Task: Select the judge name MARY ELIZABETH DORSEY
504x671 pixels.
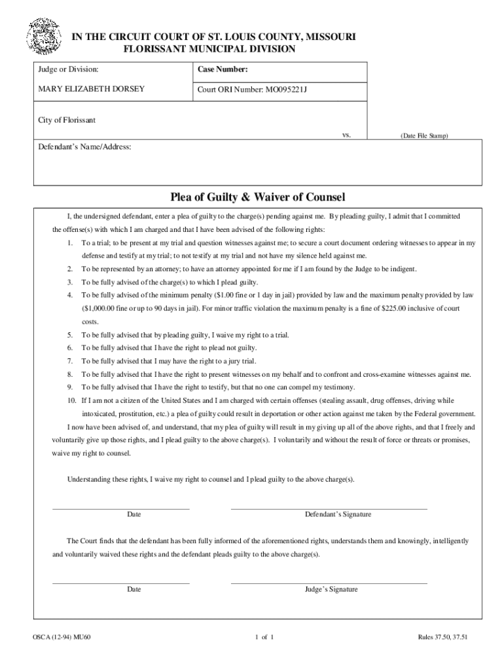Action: (91, 89)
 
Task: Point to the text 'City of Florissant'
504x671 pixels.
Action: (67, 120)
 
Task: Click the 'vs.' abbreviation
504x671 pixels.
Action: (347, 134)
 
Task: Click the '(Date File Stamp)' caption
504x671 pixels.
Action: (424, 136)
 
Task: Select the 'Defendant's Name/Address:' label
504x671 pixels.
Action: (85, 147)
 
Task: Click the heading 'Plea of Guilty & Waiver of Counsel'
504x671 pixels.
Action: (257, 197)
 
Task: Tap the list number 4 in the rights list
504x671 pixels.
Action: (69, 295)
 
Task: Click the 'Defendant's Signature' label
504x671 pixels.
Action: (338, 514)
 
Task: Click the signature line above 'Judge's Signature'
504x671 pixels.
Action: (329, 583)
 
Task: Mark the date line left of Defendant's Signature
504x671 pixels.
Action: (120, 508)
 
